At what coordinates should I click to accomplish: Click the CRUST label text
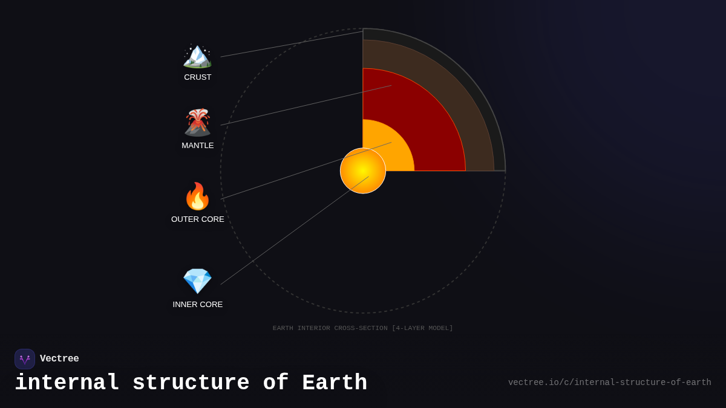[x=198, y=77]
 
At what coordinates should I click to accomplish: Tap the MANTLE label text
[x=198, y=146]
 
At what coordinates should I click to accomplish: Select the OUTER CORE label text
[x=198, y=219]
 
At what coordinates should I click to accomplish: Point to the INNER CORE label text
[x=198, y=305]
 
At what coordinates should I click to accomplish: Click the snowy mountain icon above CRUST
[x=197, y=56]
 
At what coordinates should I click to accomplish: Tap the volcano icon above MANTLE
[x=197, y=123]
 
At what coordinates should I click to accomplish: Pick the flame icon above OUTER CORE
[x=197, y=196]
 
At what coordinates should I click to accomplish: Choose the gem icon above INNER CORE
[x=197, y=281]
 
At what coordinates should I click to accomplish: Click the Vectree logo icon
[x=25, y=359]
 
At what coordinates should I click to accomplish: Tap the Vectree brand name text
[x=59, y=359]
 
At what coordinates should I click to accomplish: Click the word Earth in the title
[x=335, y=383]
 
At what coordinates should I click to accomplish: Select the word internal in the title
[x=67, y=383]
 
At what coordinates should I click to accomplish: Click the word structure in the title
[x=191, y=383]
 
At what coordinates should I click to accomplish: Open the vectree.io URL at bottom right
[x=609, y=383]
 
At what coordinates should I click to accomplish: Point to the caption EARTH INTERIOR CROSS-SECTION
[x=362, y=328]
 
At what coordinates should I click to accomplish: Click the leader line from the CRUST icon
[x=290, y=44]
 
